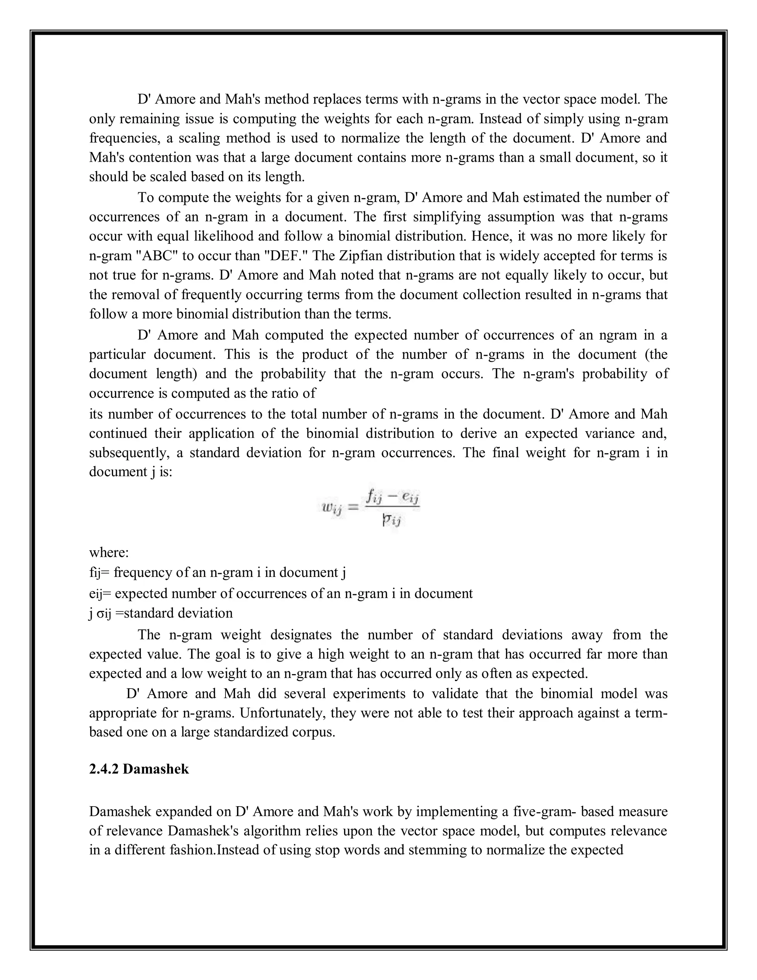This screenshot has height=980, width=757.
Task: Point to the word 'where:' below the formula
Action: tap(109, 553)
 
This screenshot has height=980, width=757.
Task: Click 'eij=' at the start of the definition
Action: tap(100, 594)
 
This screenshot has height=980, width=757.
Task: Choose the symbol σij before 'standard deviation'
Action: tap(104, 614)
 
